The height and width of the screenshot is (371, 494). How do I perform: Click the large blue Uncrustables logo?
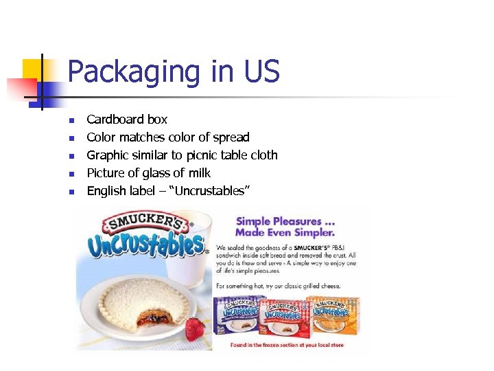146,245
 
